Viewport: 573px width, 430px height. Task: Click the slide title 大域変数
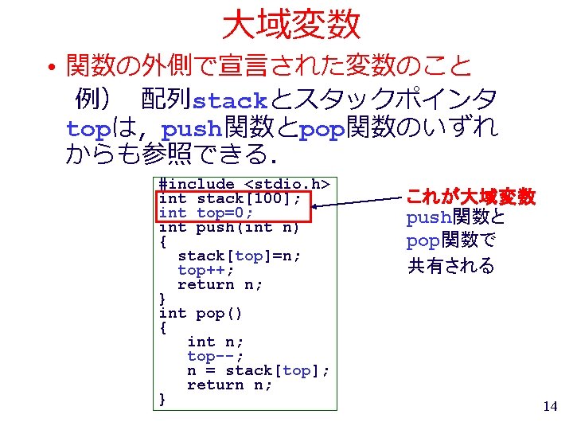coord(291,25)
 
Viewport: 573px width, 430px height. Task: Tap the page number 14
coord(549,407)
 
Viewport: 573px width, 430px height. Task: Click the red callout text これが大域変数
coord(471,196)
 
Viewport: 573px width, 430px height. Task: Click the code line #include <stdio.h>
coord(244,184)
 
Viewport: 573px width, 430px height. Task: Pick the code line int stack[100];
coord(230,198)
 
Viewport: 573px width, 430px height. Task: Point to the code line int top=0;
coord(206,213)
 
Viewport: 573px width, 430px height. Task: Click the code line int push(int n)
coord(229,228)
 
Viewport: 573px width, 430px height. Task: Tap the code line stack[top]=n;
coord(240,256)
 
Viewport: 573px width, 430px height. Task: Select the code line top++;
coord(206,270)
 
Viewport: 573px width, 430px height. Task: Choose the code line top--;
coord(215,356)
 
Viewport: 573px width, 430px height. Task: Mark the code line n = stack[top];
coord(258,370)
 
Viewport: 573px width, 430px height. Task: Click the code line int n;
coord(215,342)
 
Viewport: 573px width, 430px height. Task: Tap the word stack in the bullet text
coord(231,101)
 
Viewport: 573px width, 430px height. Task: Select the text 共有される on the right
coord(451,266)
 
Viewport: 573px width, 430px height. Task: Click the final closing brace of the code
coord(163,398)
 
